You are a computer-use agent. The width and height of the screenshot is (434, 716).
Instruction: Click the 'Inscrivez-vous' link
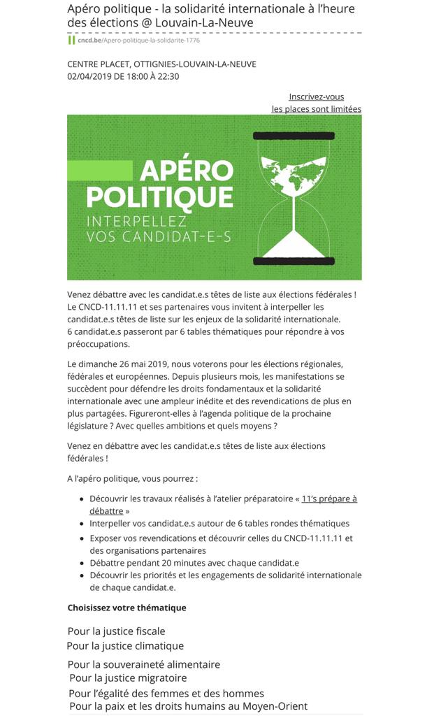[316, 96]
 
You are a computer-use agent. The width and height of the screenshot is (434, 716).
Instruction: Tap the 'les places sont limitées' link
[316, 109]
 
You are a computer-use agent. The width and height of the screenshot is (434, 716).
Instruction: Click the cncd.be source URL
[138, 40]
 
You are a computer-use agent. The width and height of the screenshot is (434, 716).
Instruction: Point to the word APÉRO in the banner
[186, 171]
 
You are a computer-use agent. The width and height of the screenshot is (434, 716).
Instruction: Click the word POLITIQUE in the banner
[159, 196]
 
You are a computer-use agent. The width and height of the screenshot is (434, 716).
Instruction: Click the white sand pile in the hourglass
[293, 245]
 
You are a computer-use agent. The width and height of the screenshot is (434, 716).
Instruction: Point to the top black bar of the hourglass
[293, 134]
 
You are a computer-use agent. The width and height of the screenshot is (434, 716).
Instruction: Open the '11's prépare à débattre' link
[328, 499]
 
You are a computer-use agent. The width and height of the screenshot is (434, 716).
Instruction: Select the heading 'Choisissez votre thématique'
[126, 608]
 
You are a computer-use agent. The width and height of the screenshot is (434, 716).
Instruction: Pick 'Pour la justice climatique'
[125, 646]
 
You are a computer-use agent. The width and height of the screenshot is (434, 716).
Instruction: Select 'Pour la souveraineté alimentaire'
[143, 664]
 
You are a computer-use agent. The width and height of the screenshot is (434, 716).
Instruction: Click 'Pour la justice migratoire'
[128, 678]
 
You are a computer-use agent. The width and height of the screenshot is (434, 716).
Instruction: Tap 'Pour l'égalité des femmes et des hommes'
[166, 694]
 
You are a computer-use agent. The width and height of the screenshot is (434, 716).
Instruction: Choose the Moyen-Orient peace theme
[188, 706]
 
